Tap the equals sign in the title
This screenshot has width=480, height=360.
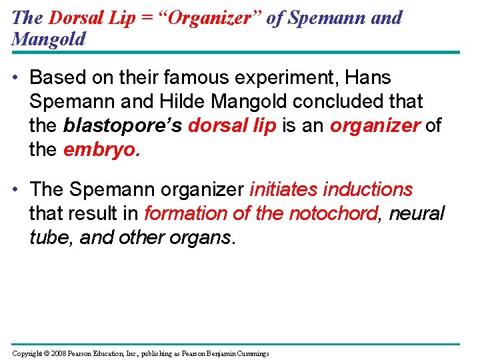click(x=145, y=17)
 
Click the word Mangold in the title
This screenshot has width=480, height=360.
click(x=49, y=39)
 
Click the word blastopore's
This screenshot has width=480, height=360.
click(x=123, y=125)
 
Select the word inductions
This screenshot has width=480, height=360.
click(x=368, y=189)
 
